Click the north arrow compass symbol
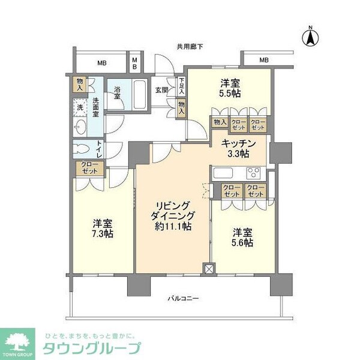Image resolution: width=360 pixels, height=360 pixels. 311,37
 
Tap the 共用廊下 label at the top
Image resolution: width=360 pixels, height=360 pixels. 189,46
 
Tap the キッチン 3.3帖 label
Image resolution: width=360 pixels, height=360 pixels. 238,148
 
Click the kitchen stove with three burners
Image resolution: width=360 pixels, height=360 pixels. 253,173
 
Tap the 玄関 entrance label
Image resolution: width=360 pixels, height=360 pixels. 162,90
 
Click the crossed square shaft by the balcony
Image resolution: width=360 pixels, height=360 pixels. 209,270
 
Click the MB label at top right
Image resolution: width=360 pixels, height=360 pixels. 264,60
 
